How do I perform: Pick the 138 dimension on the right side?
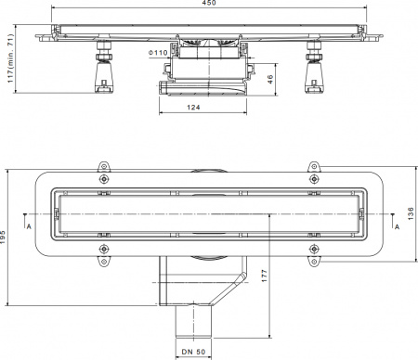410,213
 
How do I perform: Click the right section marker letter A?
397,225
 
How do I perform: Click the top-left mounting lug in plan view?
104,176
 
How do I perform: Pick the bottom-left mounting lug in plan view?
104,260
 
